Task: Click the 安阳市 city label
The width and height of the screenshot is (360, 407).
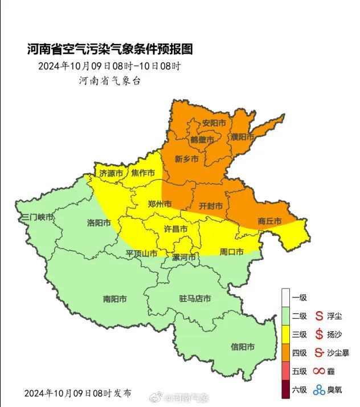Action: [214, 123]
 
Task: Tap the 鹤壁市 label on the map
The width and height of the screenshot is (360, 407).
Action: [202, 140]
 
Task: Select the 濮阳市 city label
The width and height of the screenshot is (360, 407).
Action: [242, 137]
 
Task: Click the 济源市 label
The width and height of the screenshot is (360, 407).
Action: [111, 173]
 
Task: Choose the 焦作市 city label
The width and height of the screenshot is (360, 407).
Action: [143, 173]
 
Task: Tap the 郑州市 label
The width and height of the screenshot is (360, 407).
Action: [159, 204]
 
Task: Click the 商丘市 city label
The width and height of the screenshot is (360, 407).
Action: [269, 221]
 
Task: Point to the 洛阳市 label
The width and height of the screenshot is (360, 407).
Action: [99, 223]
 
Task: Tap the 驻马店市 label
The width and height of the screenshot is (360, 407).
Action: [195, 298]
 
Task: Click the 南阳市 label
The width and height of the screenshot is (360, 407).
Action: [114, 298]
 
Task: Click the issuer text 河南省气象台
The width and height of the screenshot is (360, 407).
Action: [109, 80]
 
